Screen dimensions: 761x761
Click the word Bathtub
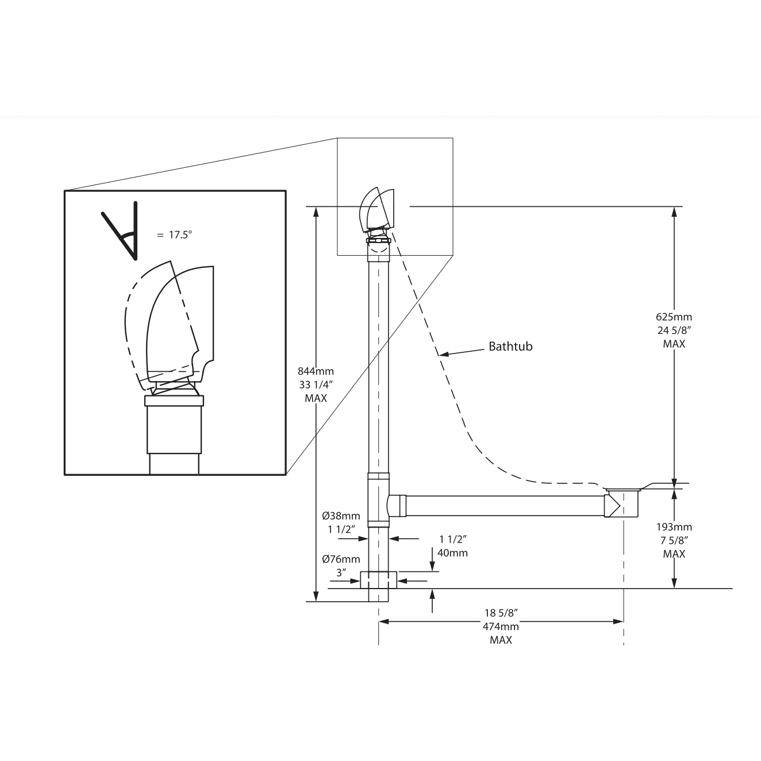(x=510, y=346)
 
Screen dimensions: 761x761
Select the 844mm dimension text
(x=316, y=371)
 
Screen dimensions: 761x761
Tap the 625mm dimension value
(x=674, y=317)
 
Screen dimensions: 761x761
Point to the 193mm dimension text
(x=674, y=526)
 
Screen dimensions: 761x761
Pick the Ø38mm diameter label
(x=341, y=516)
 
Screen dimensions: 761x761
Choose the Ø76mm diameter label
(x=341, y=559)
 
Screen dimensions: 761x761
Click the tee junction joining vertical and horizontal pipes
(x=379, y=499)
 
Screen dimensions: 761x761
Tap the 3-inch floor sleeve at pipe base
(x=378, y=579)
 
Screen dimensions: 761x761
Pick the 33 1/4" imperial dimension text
(x=316, y=385)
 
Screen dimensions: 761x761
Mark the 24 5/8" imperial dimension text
(x=674, y=330)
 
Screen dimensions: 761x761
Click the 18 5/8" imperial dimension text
(x=501, y=613)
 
